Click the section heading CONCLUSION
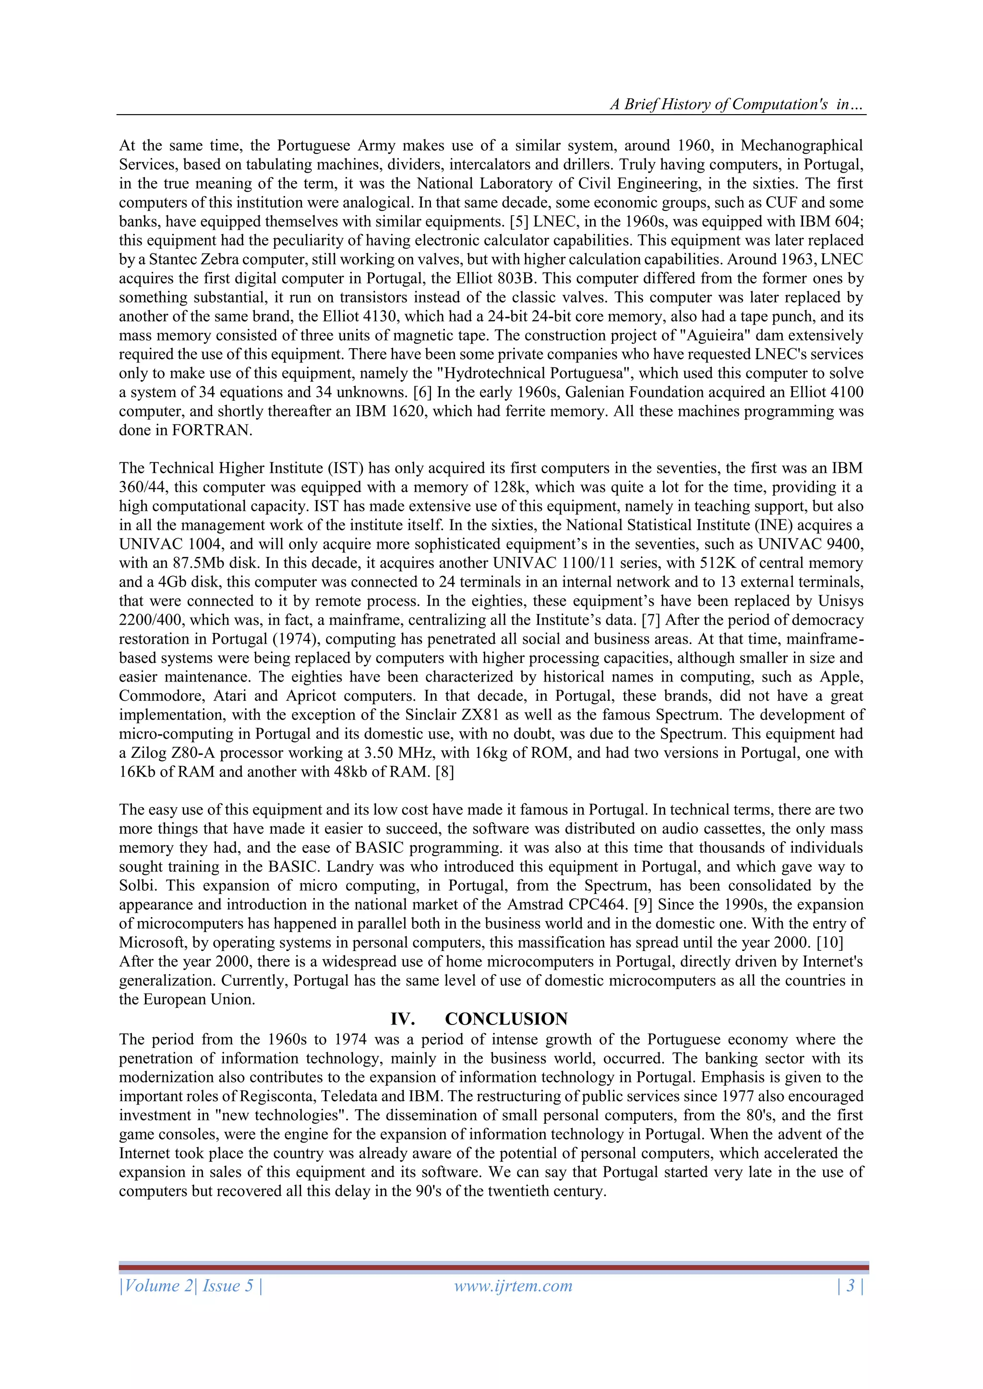506,1019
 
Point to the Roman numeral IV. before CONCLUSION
403,1019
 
